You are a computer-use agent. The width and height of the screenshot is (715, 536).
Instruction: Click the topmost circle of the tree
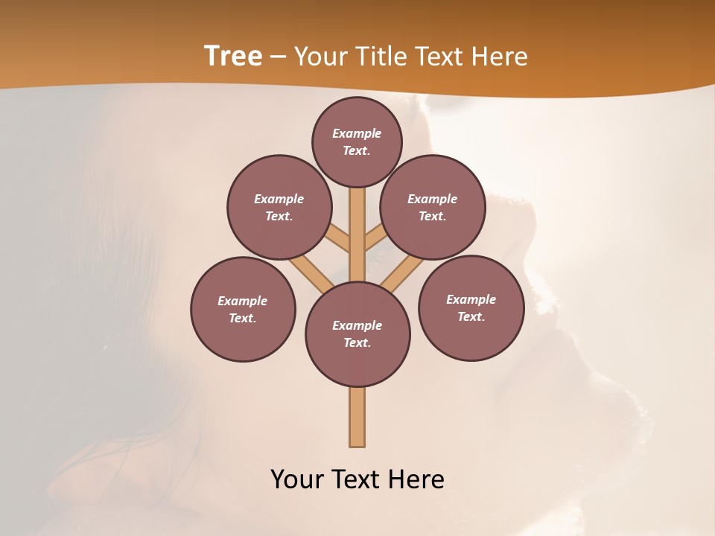tap(357, 141)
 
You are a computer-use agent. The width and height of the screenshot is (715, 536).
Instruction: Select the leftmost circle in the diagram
tap(243, 309)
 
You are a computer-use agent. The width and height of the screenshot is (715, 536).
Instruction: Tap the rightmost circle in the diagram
tap(471, 307)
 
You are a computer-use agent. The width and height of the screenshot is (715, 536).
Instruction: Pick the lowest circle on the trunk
tap(357, 334)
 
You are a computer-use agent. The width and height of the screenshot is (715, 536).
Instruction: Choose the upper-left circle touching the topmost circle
tap(279, 207)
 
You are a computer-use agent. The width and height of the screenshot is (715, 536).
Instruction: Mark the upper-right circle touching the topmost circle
tap(432, 207)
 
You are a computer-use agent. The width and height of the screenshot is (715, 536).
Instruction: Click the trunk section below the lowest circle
tap(357, 417)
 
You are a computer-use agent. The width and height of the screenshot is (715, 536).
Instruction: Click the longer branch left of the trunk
tap(313, 272)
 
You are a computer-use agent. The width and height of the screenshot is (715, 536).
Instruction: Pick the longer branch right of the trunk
tap(402, 272)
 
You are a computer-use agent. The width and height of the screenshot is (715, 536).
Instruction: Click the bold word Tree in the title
tap(233, 57)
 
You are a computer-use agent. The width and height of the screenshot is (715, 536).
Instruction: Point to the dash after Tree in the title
tap(278, 57)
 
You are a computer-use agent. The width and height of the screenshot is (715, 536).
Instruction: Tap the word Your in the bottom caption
tap(297, 479)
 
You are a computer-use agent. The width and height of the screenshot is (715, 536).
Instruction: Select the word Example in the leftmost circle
tap(242, 301)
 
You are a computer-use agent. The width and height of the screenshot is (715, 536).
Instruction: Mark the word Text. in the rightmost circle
tap(471, 316)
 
